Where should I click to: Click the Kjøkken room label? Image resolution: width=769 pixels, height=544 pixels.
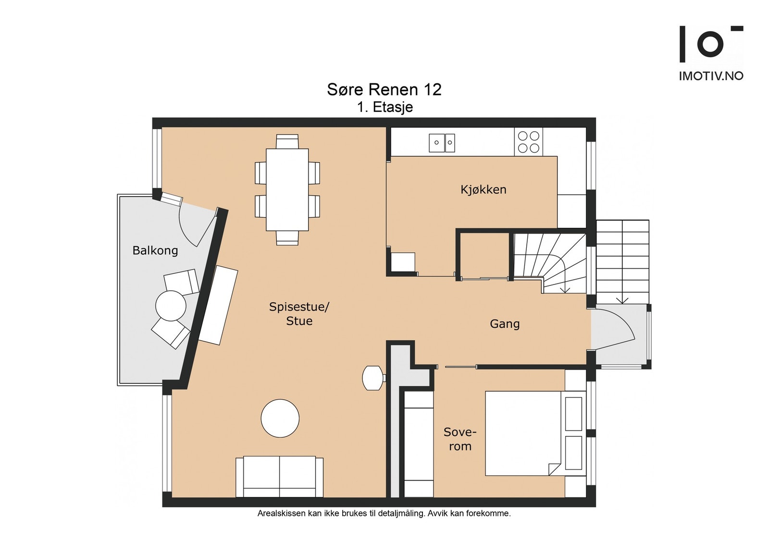484,189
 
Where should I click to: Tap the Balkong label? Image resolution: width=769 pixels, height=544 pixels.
155,250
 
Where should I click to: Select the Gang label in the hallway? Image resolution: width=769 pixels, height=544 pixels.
505,323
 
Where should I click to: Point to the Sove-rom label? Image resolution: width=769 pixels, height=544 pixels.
459,439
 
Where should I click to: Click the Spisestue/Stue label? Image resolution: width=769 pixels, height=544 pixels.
299,314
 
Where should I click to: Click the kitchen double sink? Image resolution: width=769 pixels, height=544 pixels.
442,143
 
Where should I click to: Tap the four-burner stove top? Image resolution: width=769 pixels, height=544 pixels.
528,142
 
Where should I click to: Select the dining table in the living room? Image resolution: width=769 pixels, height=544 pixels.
287,189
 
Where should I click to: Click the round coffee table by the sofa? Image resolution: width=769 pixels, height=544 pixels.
280,418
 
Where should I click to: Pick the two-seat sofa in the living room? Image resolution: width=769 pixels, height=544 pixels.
279,477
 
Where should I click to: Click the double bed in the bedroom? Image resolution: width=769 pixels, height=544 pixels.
535,433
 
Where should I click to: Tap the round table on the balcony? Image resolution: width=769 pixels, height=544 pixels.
171,306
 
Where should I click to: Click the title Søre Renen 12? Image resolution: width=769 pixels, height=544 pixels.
384,89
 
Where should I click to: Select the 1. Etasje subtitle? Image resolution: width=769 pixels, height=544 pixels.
385,107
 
